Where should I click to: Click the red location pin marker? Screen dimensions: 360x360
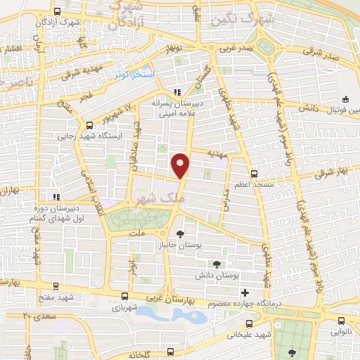[x=182, y=165]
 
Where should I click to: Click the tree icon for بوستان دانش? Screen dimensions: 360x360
[x=216, y=263]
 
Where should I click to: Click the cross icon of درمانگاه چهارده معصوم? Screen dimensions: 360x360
[x=244, y=293]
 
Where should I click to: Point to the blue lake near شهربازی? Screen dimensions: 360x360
[x=172, y=314]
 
